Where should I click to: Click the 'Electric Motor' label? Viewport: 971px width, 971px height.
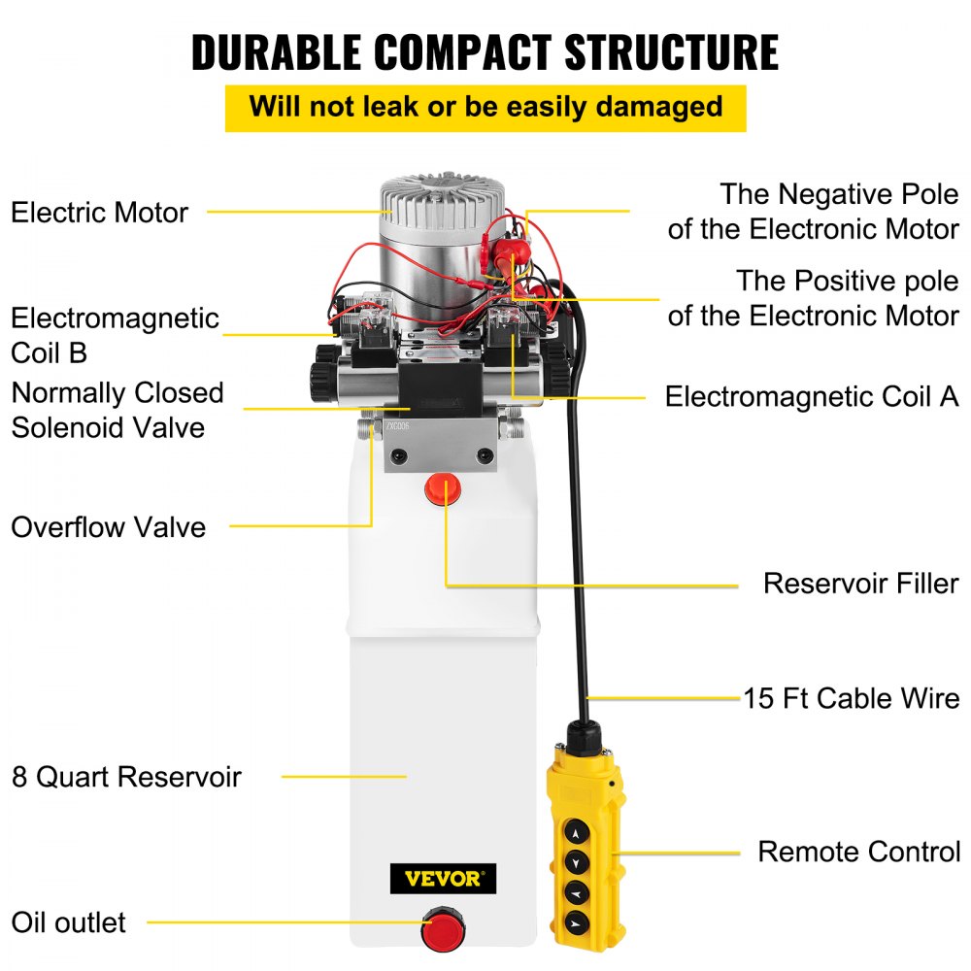tap(99, 212)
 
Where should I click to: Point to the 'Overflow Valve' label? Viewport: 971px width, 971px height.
tap(108, 527)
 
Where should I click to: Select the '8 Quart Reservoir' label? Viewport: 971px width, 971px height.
tap(126, 777)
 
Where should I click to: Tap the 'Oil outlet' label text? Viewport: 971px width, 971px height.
tap(68, 921)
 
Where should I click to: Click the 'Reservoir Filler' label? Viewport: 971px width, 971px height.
tap(860, 584)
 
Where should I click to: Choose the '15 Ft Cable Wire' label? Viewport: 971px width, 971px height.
tap(852, 698)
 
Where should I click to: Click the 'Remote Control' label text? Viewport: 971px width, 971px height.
tap(858, 852)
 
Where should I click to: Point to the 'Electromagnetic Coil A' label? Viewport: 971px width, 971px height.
tap(811, 396)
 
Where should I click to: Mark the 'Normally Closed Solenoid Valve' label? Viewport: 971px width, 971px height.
tap(117, 410)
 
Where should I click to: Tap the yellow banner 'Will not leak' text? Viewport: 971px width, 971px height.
tap(485, 107)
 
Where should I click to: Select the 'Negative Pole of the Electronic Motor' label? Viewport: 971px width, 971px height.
tap(813, 212)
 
